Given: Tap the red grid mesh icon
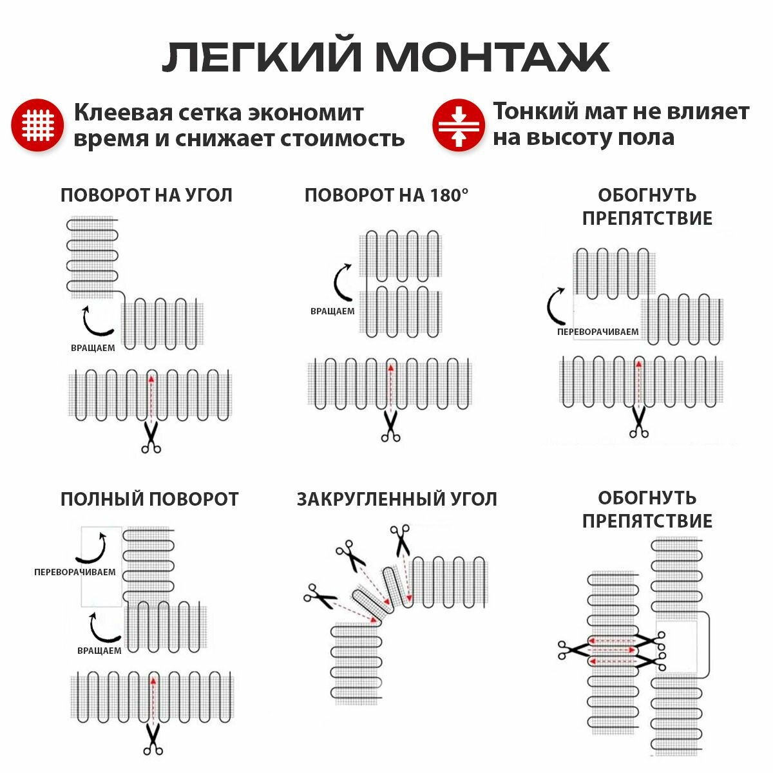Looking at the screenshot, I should coord(37,125).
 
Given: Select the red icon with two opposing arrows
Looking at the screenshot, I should coord(458,125).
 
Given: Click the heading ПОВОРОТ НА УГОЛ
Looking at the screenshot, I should coord(146,195).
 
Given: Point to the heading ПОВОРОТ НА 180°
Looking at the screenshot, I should coord(386,195).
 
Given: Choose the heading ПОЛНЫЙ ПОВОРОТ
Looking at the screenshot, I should coord(149,499).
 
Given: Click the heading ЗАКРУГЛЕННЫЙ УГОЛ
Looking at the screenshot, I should coord(397,499).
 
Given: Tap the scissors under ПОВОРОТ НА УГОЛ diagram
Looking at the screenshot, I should coord(151,438).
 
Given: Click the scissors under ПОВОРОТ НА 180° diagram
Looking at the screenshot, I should coord(390,426).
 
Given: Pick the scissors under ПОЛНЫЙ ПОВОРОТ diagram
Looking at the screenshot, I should coord(153,738).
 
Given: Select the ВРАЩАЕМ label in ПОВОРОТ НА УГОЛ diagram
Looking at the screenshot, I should coord(93,348).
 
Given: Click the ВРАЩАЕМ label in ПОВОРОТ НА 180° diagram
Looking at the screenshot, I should coord(332,311).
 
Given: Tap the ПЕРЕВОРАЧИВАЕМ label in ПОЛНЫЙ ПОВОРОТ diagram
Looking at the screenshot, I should coord(75,572).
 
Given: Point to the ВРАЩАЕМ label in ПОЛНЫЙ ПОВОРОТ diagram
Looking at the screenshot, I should coord(99,651).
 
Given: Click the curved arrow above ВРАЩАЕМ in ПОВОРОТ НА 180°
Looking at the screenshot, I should coord(342,282).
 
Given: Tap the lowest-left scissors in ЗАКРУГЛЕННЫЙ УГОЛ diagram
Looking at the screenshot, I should coord(320,597).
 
